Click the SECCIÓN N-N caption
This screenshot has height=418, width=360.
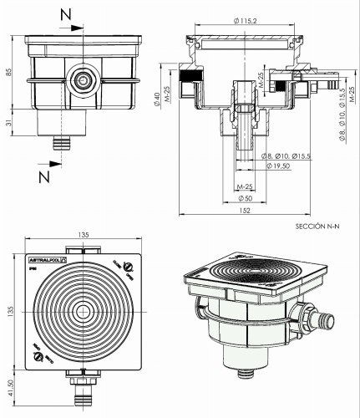coord(321,227)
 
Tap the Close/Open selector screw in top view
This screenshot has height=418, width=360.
coord(128,266)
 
